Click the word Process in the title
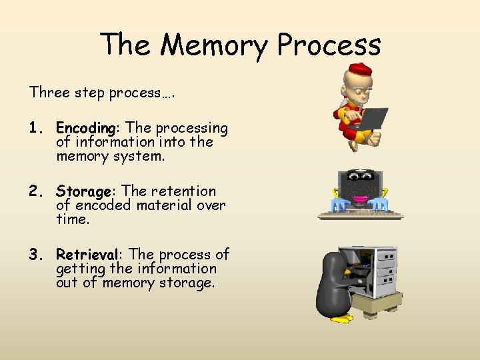pyautogui.click(x=329, y=45)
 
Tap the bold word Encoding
pyautogui.click(x=86, y=127)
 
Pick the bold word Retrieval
pyautogui.click(x=87, y=255)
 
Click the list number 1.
pyautogui.click(x=35, y=127)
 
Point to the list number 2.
pyautogui.click(x=35, y=191)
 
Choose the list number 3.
pyautogui.click(x=35, y=255)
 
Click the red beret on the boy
pyautogui.click(x=361, y=69)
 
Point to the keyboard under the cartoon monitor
pyautogui.click(x=361, y=215)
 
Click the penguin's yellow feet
pyautogui.click(x=342, y=319)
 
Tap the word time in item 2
pyautogui.click(x=72, y=219)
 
